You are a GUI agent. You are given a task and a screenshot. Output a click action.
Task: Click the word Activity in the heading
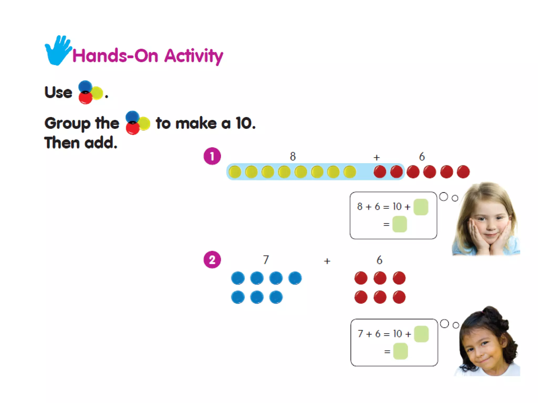(x=194, y=56)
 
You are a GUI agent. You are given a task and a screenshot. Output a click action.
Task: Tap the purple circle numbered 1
(x=212, y=156)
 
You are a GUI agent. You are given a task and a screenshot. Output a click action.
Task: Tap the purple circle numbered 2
(x=212, y=260)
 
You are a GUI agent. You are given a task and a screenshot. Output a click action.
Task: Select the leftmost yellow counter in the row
(x=235, y=172)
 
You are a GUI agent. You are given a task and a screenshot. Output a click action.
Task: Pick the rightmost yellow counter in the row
(x=350, y=172)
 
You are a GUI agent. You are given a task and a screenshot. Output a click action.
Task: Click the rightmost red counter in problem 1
(x=463, y=172)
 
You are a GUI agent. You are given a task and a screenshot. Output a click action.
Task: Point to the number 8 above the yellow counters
(x=293, y=156)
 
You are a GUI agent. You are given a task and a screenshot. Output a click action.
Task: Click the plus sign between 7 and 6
(x=327, y=261)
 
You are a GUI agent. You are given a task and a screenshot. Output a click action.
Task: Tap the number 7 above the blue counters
(x=266, y=260)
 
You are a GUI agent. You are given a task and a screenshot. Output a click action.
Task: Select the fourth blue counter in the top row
(x=295, y=278)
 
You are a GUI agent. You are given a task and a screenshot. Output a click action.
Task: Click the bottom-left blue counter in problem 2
(x=238, y=297)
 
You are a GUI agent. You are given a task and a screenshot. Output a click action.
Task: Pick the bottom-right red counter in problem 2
(x=399, y=297)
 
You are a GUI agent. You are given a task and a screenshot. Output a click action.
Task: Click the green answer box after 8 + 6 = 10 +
(x=421, y=207)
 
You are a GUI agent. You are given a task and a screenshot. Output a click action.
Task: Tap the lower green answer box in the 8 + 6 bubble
(x=400, y=224)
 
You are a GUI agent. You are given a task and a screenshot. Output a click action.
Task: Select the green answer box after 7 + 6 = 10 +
(x=421, y=334)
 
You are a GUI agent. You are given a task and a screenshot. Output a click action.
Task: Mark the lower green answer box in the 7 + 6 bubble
(x=400, y=352)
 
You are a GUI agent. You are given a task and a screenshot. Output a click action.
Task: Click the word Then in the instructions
(x=62, y=143)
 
